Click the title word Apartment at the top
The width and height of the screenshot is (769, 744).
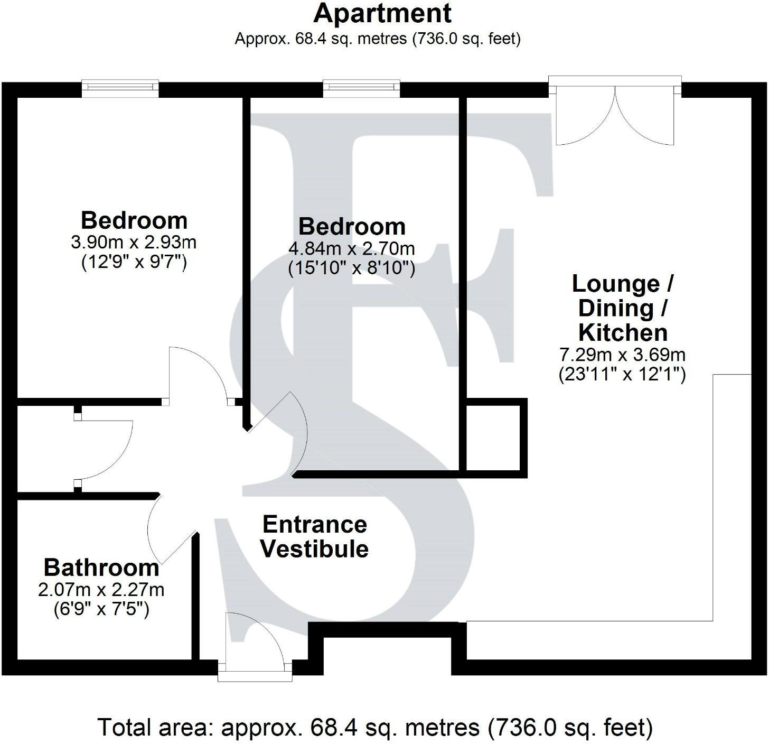tap(383, 13)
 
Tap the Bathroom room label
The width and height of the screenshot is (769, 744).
tap(101, 568)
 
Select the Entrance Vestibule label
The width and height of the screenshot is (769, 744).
tap(315, 536)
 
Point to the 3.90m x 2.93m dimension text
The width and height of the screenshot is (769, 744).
tap(134, 243)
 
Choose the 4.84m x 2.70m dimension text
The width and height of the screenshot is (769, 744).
tap(352, 248)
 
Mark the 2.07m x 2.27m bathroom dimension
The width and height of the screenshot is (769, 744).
tap(101, 589)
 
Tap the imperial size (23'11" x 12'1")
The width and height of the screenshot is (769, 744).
tap(623, 375)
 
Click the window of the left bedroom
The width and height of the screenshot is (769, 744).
tap(120, 88)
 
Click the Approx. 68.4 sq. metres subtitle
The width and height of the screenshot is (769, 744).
tap(378, 39)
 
